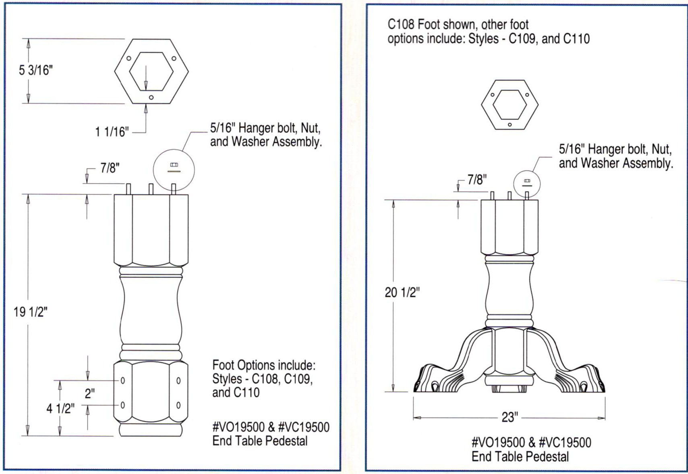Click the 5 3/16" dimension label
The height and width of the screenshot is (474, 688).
point(36,71)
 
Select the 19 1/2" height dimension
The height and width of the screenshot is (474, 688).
point(31,312)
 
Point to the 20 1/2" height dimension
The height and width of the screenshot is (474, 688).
point(402,293)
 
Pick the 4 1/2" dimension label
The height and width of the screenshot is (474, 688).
point(60,409)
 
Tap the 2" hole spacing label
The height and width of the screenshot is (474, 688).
point(89,393)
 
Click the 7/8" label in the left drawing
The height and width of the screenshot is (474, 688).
point(110,168)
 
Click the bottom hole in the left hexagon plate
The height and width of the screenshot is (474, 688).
point(151,98)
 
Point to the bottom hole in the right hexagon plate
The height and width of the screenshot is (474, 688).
point(510,125)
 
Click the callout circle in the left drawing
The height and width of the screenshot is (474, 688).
point(174,169)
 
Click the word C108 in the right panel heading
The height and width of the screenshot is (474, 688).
point(401,25)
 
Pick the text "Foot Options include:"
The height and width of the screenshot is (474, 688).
point(263,366)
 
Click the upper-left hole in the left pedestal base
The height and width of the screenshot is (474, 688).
point(123,380)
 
